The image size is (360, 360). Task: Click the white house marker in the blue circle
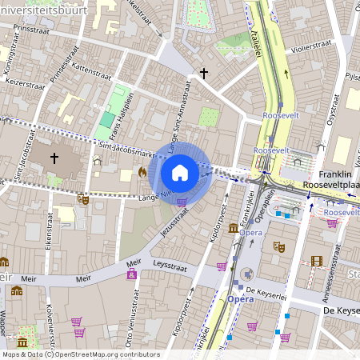tap(180, 172)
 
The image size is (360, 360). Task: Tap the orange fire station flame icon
tap(142, 171)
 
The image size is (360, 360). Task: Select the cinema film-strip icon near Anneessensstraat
tap(317, 261)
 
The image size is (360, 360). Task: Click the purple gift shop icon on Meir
tap(132, 275)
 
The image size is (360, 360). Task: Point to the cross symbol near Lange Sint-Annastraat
tap(204, 74)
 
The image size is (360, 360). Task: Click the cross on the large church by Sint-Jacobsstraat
tap(54, 158)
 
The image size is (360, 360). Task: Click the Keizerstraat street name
tap(22, 82)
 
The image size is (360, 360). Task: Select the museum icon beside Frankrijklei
tap(233, 229)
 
